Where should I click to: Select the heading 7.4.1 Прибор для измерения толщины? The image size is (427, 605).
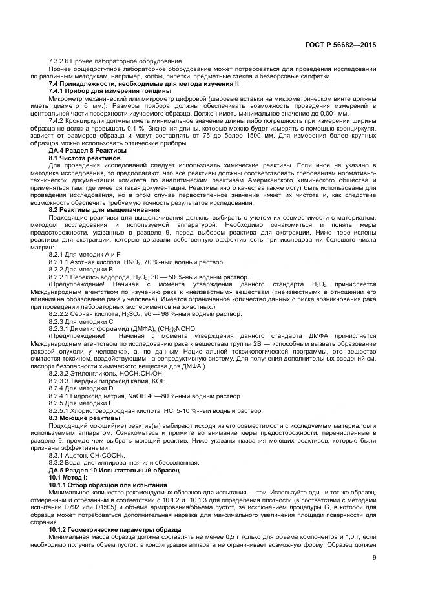[110, 91]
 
